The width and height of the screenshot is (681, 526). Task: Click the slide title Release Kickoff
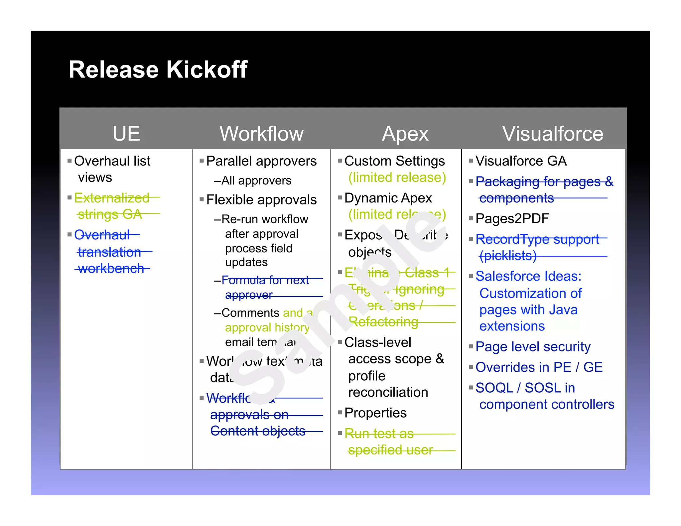point(158,70)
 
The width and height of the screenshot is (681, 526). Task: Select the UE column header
point(126,134)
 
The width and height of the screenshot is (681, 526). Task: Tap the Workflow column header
point(261,134)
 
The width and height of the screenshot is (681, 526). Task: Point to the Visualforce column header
point(552,134)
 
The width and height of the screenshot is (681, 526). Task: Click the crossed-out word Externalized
point(112,198)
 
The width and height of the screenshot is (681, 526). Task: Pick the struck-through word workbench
point(111,268)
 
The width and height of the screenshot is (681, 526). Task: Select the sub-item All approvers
point(256,181)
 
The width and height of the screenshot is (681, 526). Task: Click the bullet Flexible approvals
point(261,200)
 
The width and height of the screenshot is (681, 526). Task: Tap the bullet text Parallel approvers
point(261,161)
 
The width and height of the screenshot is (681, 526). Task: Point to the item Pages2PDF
point(512,219)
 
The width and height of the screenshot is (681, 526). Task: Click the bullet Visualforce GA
point(521,161)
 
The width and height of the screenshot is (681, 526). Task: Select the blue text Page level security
point(533,347)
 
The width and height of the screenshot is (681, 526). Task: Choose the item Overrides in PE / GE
point(539,367)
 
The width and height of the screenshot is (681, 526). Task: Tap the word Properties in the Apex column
point(375,413)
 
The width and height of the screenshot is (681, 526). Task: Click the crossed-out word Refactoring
point(383,322)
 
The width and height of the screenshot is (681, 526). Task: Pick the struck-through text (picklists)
point(508,256)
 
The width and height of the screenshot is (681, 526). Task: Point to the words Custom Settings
point(394,161)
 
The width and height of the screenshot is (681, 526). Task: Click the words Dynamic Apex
point(388,198)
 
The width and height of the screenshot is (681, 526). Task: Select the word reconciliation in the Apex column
point(388,392)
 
